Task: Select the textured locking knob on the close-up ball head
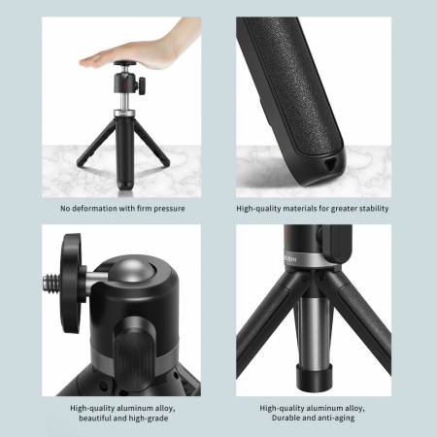(x=135, y=347)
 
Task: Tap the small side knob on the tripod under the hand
(x=141, y=85)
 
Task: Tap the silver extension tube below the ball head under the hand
(x=124, y=102)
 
